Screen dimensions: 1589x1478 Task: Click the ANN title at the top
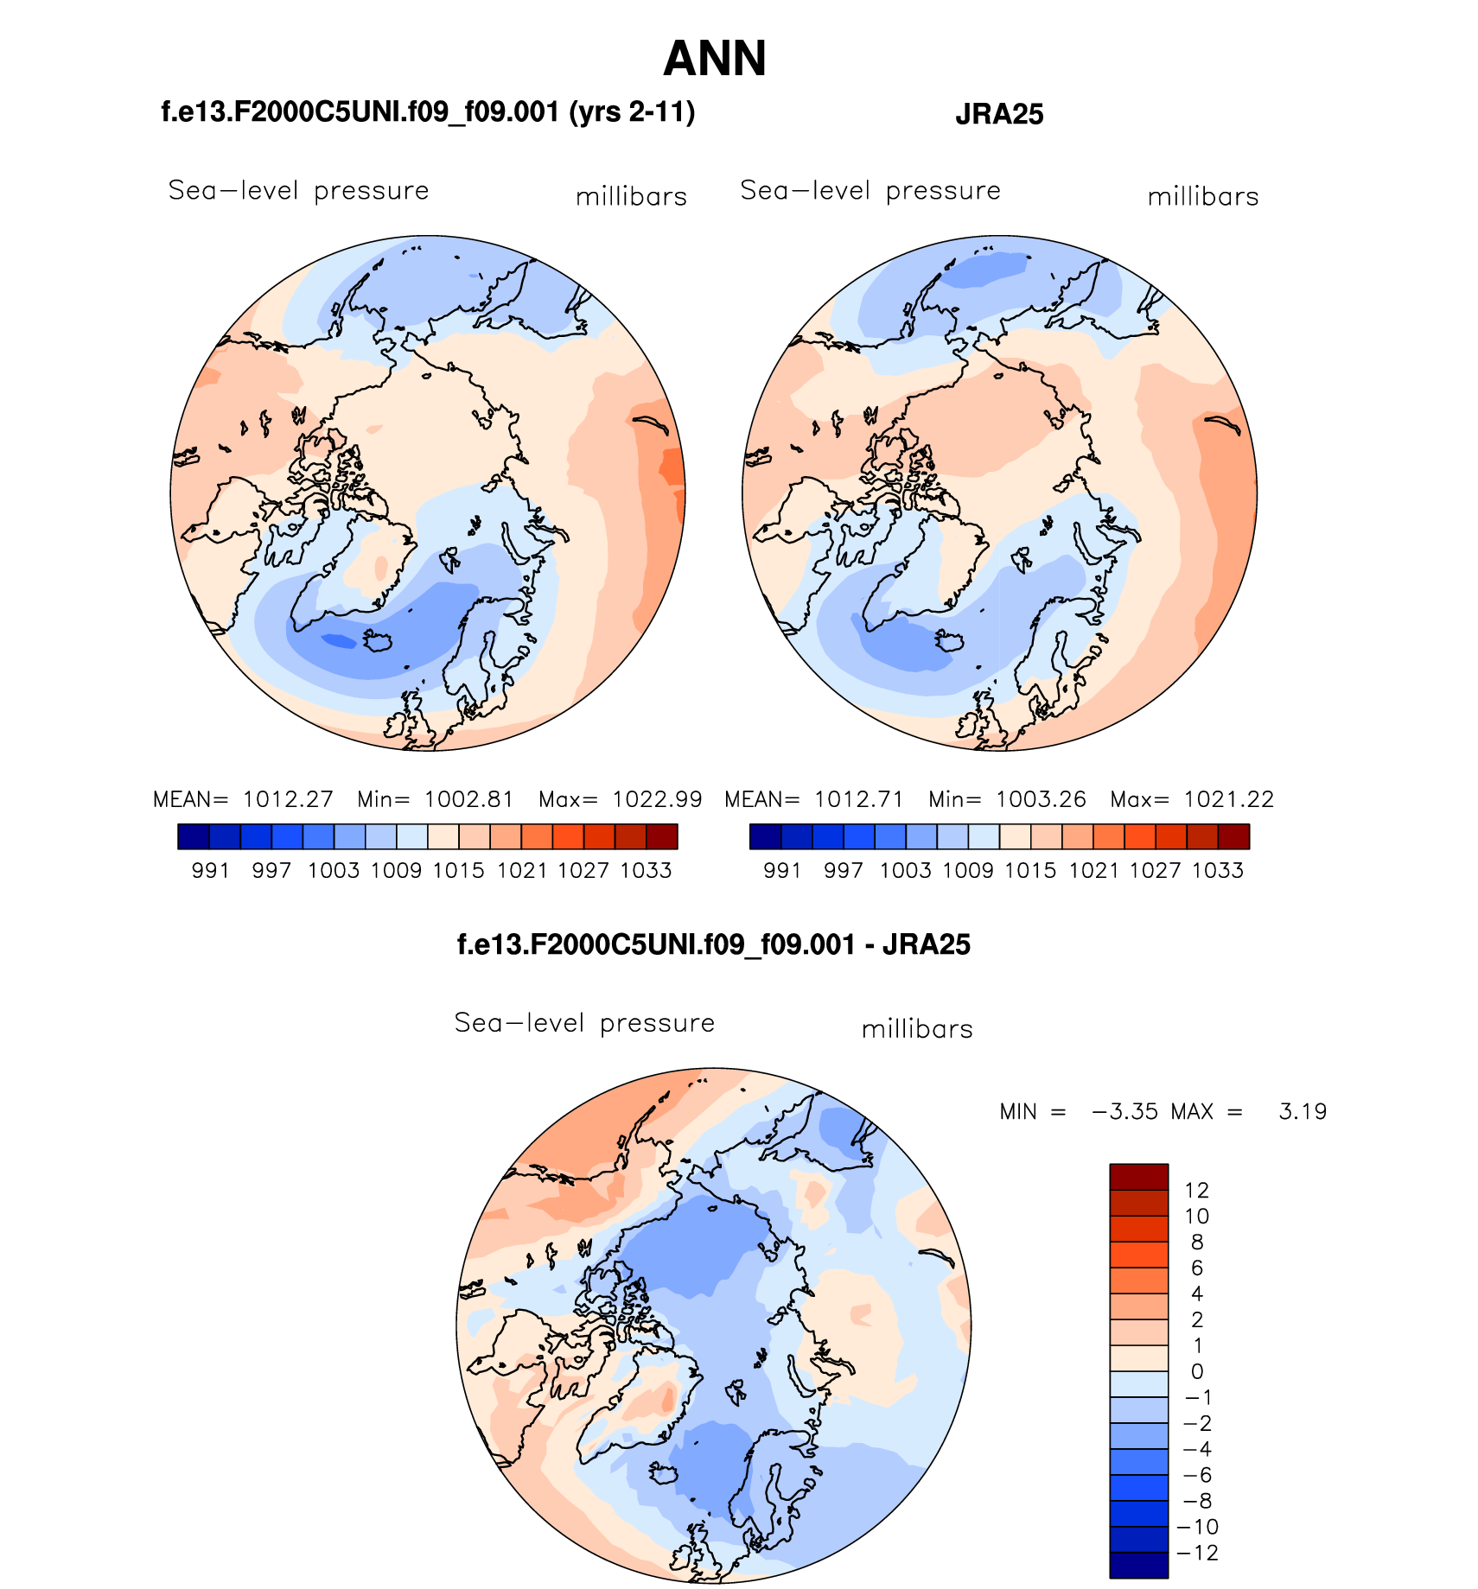[x=715, y=59]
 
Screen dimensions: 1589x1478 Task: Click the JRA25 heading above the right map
[x=999, y=114]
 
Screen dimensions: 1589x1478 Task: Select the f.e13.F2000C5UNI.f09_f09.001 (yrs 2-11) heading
[x=428, y=112]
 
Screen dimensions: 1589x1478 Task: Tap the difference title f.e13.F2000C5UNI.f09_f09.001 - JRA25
[x=713, y=944]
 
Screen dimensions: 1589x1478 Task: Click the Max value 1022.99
[x=657, y=799]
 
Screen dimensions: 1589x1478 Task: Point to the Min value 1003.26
[x=1041, y=799]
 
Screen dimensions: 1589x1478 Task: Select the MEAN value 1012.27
[x=288, y=799]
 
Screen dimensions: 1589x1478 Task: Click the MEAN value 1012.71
[x=859, y=799]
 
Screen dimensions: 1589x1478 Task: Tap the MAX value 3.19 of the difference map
[x=1303, y=1111]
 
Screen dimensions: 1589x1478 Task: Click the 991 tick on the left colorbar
[x=210, y=870]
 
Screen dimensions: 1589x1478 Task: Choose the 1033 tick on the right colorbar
[x=1218, y=870]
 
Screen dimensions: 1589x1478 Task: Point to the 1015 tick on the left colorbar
[x=459, y=870]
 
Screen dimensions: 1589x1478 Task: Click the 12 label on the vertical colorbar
[x=1197, y=1190]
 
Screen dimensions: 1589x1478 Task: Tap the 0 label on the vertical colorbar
[x=1197, y=1371]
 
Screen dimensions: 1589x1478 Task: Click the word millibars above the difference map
[x=917, y=1029]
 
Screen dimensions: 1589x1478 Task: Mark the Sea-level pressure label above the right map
[x=870, y=190]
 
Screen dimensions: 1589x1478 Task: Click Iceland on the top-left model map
[x=379, y=642]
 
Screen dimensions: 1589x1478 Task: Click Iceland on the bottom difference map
[x=666, y=1472]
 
